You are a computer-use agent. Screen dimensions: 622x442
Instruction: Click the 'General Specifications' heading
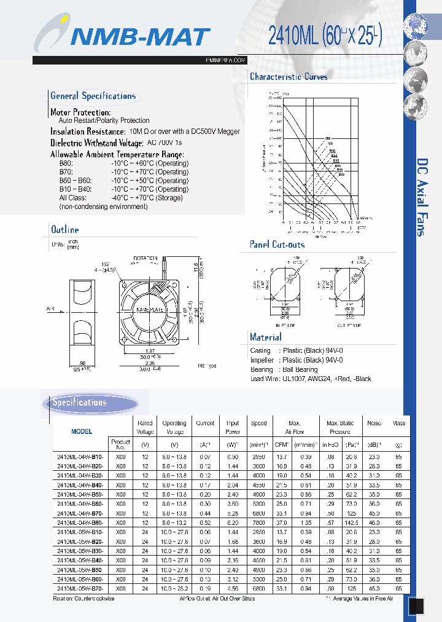click(93, 96)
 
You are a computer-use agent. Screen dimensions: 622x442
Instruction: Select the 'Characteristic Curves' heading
click(289, 77)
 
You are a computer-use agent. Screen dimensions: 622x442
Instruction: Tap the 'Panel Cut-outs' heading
click(277, 245)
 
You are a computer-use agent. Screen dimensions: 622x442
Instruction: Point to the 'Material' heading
click(265, 337)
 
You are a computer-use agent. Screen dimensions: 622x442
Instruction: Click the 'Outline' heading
click(64, 230)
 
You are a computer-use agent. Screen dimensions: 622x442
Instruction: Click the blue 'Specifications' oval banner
click(79, 403)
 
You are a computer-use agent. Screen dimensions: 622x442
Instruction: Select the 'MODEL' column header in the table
click(82, 431)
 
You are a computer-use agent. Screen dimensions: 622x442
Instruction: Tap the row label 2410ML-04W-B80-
click(80, 522)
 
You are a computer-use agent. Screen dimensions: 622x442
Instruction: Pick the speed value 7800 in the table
click(258, 522)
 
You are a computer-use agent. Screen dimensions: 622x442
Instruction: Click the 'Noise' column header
click(373, 423)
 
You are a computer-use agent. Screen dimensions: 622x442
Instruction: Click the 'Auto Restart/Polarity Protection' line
click(104, 120)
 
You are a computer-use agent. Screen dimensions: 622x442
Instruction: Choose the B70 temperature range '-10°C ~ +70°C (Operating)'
click(149, 172)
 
